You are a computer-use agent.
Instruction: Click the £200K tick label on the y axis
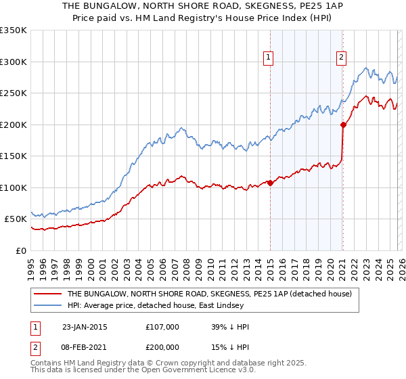(14, 125)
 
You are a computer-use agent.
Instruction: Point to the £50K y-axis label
(16, 219)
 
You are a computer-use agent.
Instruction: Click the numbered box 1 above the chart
(269, 58)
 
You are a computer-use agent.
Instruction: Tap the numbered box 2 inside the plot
(342, 58)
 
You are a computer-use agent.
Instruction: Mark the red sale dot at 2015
(270, 183)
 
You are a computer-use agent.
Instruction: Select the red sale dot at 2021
(343, 125)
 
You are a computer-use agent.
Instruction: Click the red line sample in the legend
(47, 294)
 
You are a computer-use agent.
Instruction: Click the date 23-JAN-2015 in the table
(84, 327)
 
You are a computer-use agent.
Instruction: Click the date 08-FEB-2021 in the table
(84, 349)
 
